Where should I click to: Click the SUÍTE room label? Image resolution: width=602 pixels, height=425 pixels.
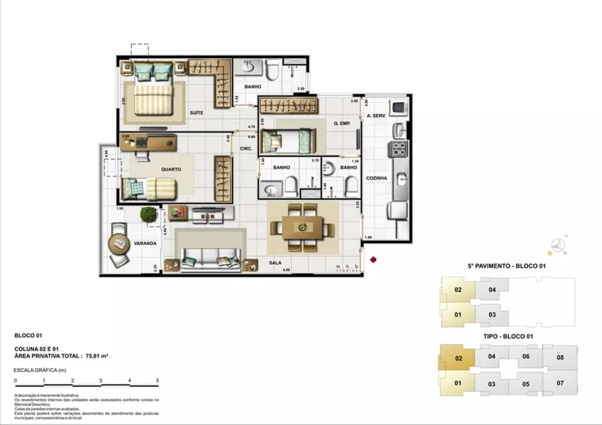(196, 112)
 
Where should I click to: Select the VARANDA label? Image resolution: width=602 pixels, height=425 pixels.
(146, 243)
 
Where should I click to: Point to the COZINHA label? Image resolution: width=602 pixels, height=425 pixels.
(376, 179)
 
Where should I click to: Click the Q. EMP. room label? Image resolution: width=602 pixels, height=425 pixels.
(343, 123)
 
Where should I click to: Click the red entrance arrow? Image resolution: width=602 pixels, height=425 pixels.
(374, 260)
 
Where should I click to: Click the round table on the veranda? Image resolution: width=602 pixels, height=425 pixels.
(118, 244)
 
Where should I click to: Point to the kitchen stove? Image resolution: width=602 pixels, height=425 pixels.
(400, 148)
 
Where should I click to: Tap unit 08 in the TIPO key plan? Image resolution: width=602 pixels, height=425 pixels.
(560, 358)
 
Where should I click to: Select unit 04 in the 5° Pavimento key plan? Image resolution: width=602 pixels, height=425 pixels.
(492, 290)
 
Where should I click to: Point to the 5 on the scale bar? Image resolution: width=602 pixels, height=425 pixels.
(157, 381)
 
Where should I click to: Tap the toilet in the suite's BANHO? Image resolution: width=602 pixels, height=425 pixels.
(272, 72)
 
